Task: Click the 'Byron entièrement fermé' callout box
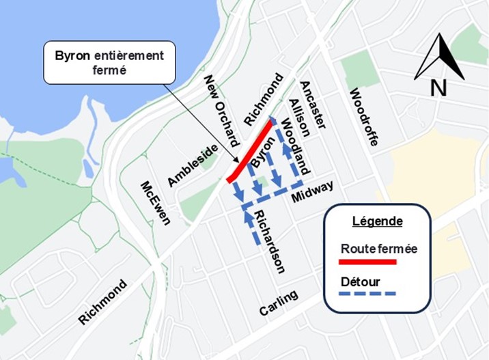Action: tap(109, 63)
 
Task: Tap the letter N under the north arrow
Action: tap(438, 87)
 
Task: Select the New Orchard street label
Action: tap(221, 109)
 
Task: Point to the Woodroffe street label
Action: tap(363, 117)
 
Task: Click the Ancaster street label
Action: tap(313, 105)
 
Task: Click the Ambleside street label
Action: tap(193, 165)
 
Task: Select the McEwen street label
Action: tap(155, 203)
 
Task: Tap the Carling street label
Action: tap(279, 303)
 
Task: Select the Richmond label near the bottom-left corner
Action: tap(102, 301)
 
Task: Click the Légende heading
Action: tap(377, 221)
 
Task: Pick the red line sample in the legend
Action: tap(368, 261)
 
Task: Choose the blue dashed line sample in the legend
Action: tap(368, 294)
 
